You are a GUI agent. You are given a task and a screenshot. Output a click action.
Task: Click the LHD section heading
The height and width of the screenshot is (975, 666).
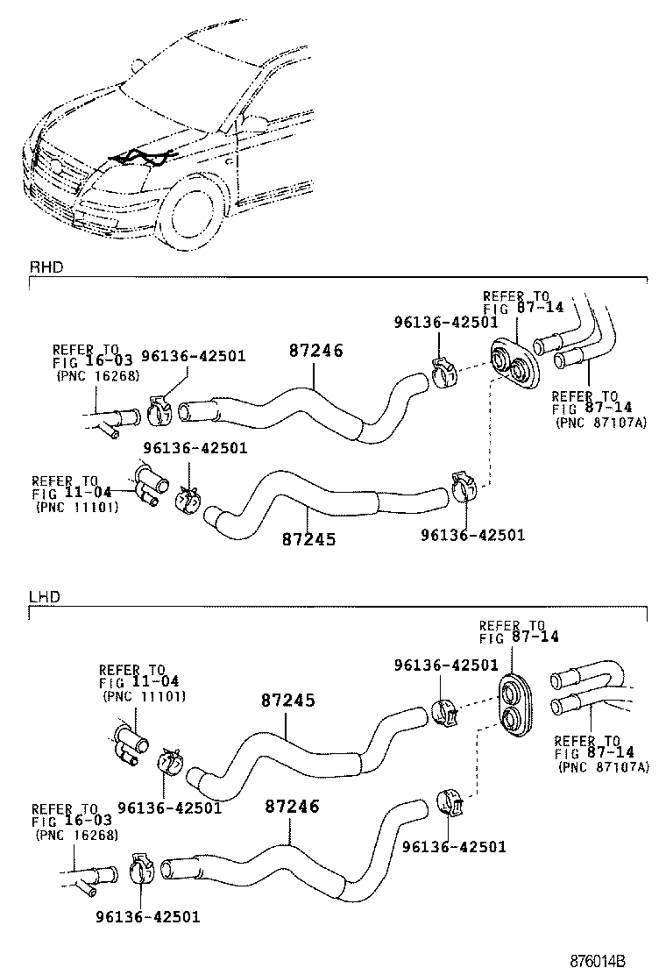point(43,596)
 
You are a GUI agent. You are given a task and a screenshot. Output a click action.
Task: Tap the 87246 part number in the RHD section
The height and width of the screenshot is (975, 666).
point(315,352)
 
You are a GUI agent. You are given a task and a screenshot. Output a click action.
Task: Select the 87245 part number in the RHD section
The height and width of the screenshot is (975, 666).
point(308,539)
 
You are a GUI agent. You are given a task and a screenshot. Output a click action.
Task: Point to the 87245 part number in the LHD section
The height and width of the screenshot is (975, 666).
point(287,701)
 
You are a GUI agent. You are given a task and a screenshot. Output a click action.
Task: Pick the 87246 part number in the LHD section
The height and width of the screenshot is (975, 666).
point(291,806)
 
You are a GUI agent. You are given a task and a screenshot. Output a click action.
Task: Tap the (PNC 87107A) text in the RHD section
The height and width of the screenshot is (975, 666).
point(603,422)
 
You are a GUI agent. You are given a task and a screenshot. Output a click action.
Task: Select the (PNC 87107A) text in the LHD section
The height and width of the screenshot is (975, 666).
point(604,765)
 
